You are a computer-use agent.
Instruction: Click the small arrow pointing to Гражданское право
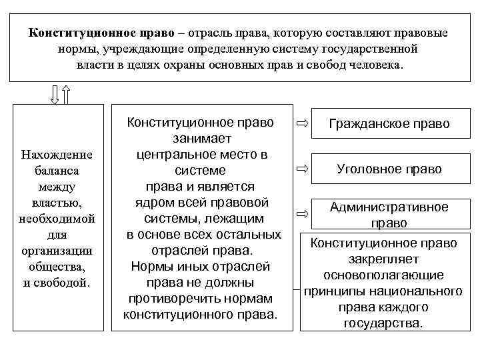(303, 124)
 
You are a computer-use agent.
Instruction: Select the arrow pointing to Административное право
(303, 215)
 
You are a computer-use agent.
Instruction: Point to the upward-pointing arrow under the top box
(65, 95)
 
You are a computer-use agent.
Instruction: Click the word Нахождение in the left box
(57, 155)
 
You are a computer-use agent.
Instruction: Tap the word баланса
(57, 171)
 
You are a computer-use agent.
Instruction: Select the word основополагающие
(383, 275)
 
